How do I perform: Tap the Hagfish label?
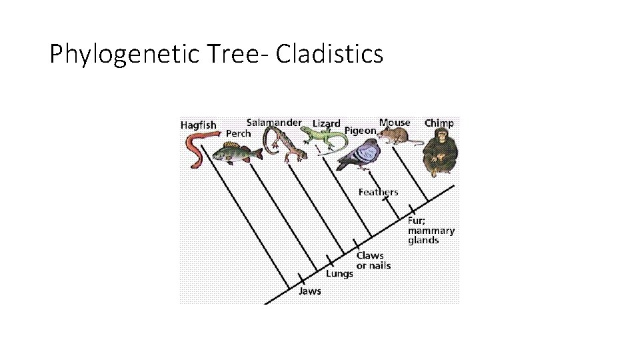pos(199,125)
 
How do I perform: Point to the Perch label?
pos(238,133)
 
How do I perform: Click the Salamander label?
pos(274,123)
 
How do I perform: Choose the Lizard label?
pos(327,123)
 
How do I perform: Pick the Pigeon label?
pos(360,131)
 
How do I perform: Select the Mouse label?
pos(395,123)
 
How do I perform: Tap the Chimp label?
pos(439,123)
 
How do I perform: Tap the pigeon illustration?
pos(360,155)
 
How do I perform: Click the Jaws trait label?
pos(309,291)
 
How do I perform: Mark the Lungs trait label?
pos(339,273)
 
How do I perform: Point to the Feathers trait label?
pos(378,192)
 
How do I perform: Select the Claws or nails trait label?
pos(373,260)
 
